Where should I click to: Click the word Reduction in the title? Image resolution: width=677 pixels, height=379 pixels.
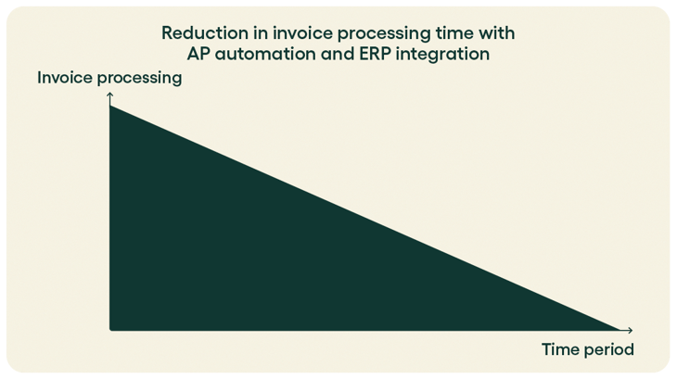pos(198,33)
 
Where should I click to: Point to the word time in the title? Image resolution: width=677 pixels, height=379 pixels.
pos(444,33)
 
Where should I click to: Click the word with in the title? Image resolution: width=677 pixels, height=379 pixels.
pos(495,33)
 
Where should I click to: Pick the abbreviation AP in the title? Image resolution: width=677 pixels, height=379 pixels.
pos(198,55)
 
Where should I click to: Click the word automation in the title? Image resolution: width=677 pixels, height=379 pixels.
pos(261,55)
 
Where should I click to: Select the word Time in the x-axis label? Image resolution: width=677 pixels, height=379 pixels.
pos(559,350)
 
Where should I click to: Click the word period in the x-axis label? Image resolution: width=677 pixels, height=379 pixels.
pos(607,351)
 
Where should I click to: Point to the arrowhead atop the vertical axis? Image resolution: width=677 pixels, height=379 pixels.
pos(109,95)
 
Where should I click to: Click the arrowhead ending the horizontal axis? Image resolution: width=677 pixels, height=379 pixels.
pos(631,330)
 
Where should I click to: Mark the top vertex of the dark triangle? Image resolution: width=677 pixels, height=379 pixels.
pos(110,107)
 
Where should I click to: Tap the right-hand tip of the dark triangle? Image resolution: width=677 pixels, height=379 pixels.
pos(616,329)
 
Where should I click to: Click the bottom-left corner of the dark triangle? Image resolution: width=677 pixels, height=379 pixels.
pos(111,329)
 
